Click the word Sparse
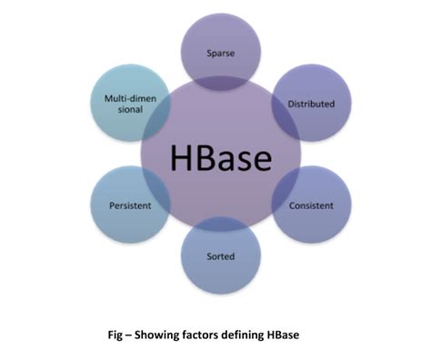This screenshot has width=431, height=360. [x=220, y=53]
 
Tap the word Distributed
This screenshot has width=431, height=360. [x=311, y=104]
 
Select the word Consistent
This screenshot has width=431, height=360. [x=311, y=205]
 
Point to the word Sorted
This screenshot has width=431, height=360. [x=220, y=257]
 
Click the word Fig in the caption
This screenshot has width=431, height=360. [x=116, y=334]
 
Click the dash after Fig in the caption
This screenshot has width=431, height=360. [x=131, y=334]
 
